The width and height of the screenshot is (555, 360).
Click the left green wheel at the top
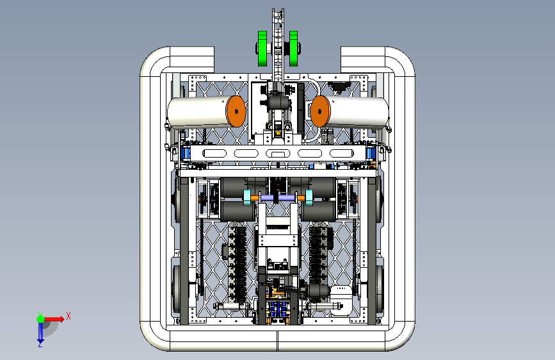[262, 48]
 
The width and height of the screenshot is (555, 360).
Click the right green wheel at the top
[293, 48]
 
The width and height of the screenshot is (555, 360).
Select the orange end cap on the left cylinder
[236, 111]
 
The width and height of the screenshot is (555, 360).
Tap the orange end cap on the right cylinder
[320, 111]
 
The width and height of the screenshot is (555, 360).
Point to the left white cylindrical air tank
[198, 112]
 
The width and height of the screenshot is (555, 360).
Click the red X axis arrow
[54, 319]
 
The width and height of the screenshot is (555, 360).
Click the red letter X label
[68, 316]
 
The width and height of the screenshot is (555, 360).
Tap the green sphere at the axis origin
[41, 319]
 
